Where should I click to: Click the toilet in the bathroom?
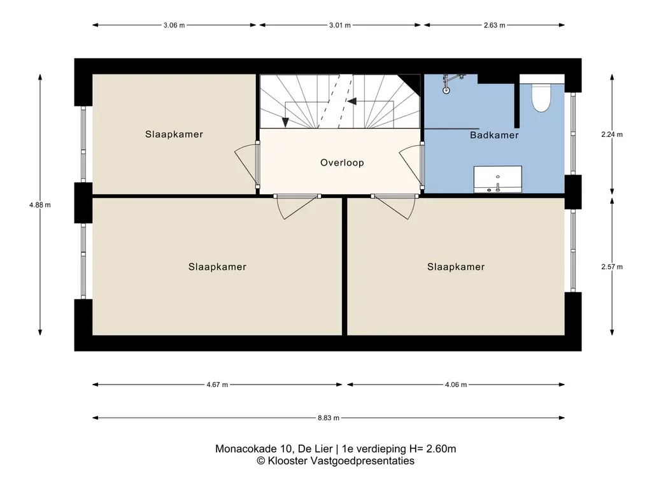(541, 97)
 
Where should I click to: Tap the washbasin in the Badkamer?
(498, 179)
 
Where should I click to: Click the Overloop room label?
(342, 162)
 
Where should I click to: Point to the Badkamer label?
(494, 135)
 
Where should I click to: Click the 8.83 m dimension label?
(329, 418)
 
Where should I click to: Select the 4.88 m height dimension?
(40, 204)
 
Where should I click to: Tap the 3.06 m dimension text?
(174, 25)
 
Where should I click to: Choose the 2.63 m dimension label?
(494, 25)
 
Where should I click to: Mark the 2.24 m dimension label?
(612, 134)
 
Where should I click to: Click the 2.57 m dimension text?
(612, 267)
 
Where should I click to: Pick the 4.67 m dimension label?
(217, 385)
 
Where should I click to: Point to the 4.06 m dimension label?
(456, 385)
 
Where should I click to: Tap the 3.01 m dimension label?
(340, 25)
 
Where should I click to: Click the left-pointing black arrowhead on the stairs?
(352, 101)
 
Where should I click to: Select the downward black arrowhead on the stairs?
(285, 122)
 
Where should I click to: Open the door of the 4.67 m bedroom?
(297, 207)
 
